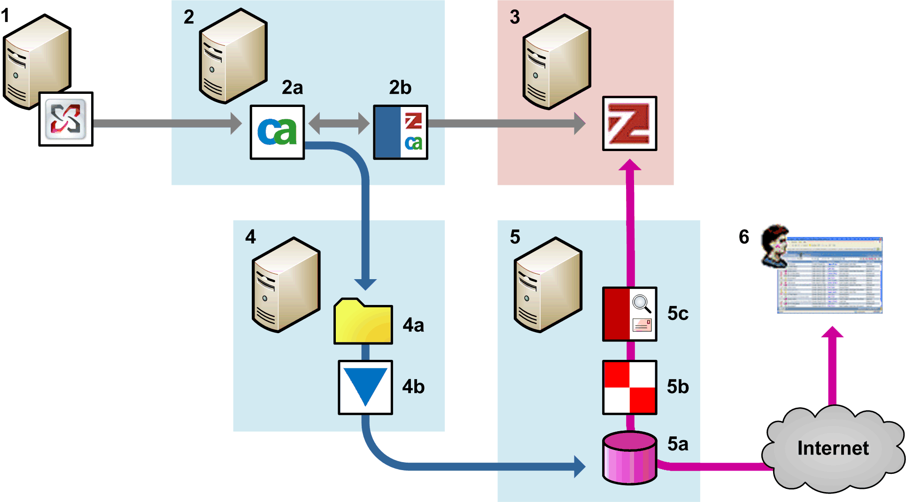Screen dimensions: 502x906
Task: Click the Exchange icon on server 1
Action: [66, 119]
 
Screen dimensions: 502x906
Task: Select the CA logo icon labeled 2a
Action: [277, 132]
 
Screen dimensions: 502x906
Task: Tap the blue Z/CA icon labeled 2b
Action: [400, 132]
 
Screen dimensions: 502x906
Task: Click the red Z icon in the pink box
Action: [629, 123]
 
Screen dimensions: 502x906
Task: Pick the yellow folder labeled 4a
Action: [363, 322]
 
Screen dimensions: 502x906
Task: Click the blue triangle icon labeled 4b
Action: [365, 387]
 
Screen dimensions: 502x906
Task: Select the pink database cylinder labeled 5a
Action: [629, 458]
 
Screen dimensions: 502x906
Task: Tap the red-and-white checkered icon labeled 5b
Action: [629, 387]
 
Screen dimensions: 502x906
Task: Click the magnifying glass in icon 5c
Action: [642, 303]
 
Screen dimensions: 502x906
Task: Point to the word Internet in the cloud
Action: [833, 448]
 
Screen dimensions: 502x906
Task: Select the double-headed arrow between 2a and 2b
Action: [339, 123]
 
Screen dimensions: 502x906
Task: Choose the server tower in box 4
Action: [286, 285]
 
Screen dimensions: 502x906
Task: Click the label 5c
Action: [678, 313]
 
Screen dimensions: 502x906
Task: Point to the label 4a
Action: [413, 325]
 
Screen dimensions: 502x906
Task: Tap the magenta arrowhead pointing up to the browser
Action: [832, 332]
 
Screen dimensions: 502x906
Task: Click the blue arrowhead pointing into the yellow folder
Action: [365, 284]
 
